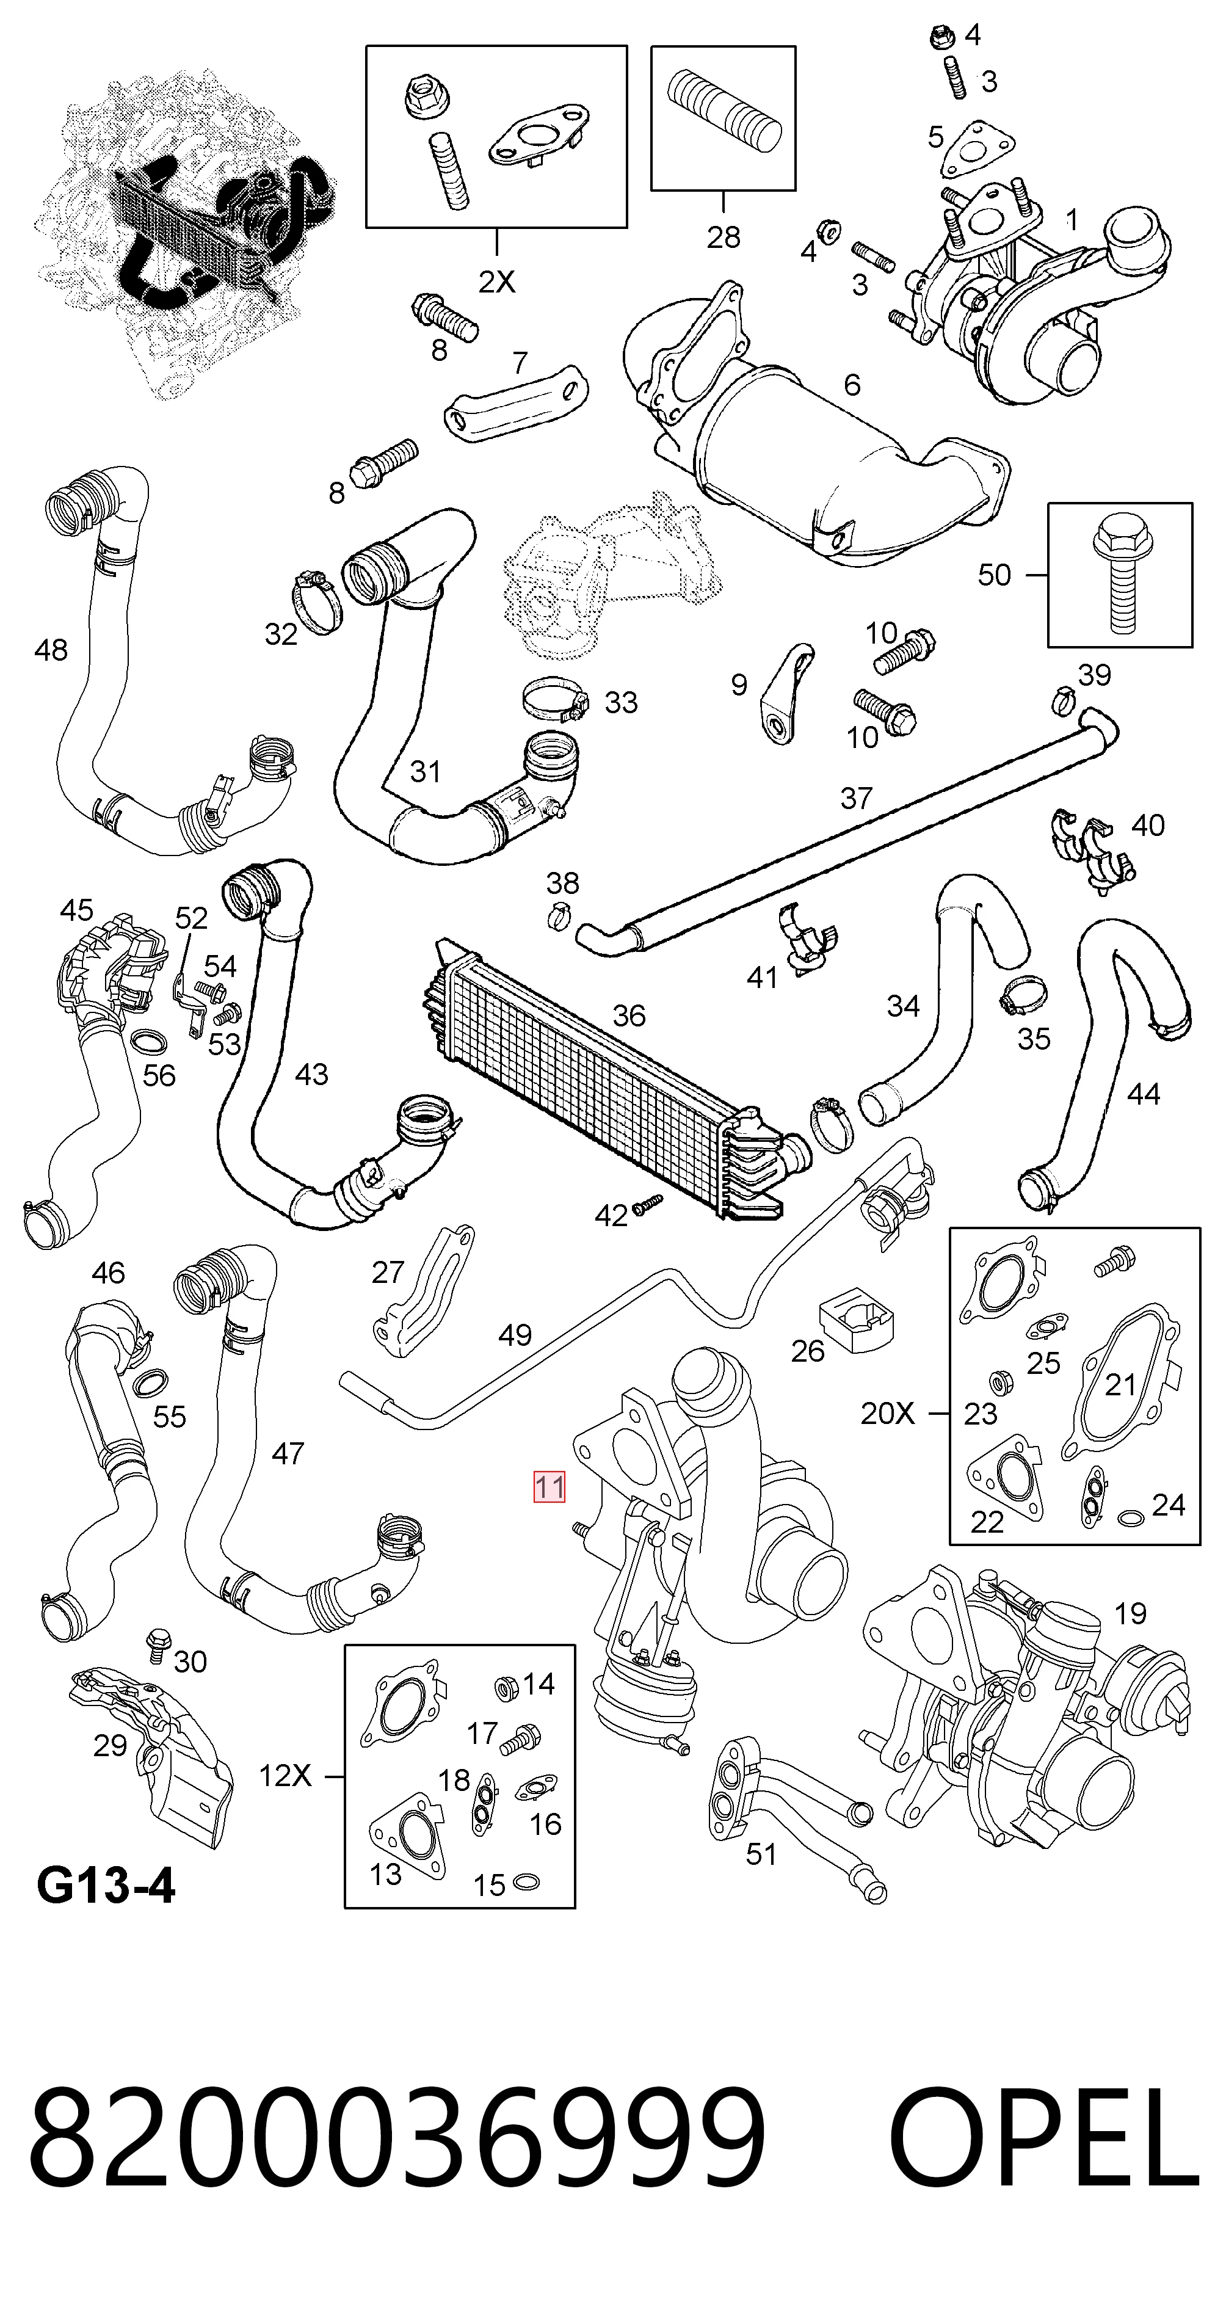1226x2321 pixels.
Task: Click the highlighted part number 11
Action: (x=549, y=1487)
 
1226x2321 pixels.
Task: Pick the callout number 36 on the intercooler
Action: (x=629, y=1015)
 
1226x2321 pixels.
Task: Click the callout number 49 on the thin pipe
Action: (x=515, y=1334)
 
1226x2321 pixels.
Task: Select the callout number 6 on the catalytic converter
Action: (x=852, y=385)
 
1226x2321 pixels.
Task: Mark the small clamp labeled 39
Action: (x=1064, y=697)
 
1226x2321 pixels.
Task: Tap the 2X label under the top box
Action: (x=496, y=283)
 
